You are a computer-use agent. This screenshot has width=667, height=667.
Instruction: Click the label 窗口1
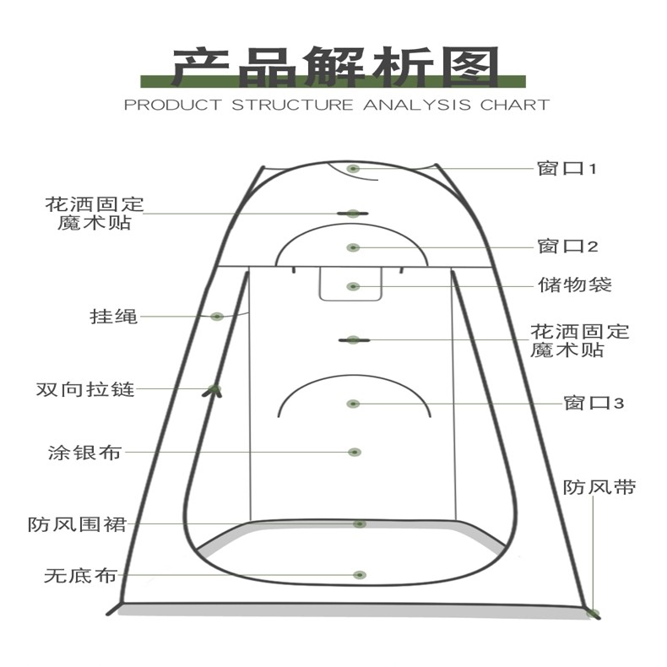567,169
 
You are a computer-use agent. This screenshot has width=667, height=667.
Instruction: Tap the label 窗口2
567,247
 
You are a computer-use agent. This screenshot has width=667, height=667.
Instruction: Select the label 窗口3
593,403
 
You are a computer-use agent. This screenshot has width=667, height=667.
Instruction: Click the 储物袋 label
574,285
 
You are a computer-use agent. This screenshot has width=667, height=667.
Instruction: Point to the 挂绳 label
113,317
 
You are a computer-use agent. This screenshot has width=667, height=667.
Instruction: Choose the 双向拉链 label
85,390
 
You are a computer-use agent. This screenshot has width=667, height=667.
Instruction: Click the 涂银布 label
85,453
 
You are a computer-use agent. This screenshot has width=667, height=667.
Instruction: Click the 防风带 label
599,487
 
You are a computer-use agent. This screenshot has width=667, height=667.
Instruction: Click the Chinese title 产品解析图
335,68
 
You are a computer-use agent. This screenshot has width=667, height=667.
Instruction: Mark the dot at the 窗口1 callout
354,169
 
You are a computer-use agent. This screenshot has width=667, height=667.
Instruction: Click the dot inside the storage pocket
354,287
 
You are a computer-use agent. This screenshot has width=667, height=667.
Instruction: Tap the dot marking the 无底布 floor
361,575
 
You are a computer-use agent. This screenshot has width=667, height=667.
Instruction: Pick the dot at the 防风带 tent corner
594,614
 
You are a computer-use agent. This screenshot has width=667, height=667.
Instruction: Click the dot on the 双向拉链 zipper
214,389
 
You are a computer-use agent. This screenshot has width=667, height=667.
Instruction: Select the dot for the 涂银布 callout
355,453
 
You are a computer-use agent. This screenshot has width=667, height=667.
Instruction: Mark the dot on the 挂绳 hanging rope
217,317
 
